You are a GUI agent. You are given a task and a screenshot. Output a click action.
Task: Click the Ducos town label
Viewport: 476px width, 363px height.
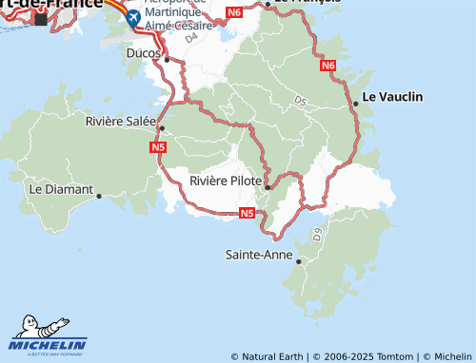[x=144, y=53]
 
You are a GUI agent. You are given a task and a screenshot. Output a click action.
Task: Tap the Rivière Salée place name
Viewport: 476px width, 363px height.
[x=119, y=121]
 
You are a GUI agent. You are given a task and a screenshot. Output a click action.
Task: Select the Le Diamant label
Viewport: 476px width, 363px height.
[x=60, y=189]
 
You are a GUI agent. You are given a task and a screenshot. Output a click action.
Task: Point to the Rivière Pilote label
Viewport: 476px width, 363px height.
[x=225, y=181]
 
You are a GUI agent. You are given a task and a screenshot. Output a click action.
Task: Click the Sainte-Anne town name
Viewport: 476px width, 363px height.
[x=258, y=255]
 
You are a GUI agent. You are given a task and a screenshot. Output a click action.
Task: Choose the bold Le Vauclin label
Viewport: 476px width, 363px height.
[x=393, y=97]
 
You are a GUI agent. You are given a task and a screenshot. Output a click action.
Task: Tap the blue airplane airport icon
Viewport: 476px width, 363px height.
[x=133, y=17]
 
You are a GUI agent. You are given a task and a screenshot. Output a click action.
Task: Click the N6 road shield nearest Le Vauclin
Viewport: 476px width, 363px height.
[x=328, y=66]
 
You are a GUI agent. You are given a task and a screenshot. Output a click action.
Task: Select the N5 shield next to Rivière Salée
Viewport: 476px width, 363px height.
[x=158, y=147]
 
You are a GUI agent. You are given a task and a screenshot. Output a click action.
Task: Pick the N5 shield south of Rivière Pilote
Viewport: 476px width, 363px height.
[x=247, y=213]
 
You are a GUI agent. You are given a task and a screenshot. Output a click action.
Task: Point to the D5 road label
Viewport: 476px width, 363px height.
[x=301, y=100]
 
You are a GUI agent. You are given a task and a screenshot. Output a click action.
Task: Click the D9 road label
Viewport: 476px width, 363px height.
[x=317, y=232]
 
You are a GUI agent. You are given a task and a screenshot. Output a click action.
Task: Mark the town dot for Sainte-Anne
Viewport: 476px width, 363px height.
[x=298, y=261]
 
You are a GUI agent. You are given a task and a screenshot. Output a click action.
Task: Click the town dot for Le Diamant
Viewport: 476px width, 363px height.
[x=99, y=196]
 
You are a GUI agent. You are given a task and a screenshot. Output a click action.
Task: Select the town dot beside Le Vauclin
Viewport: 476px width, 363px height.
[x=355, y=103]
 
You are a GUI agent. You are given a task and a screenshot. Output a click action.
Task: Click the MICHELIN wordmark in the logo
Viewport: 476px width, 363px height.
[x=49, y=345]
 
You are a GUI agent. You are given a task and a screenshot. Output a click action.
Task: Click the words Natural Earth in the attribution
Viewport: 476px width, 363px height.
[x=273, y=356]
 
